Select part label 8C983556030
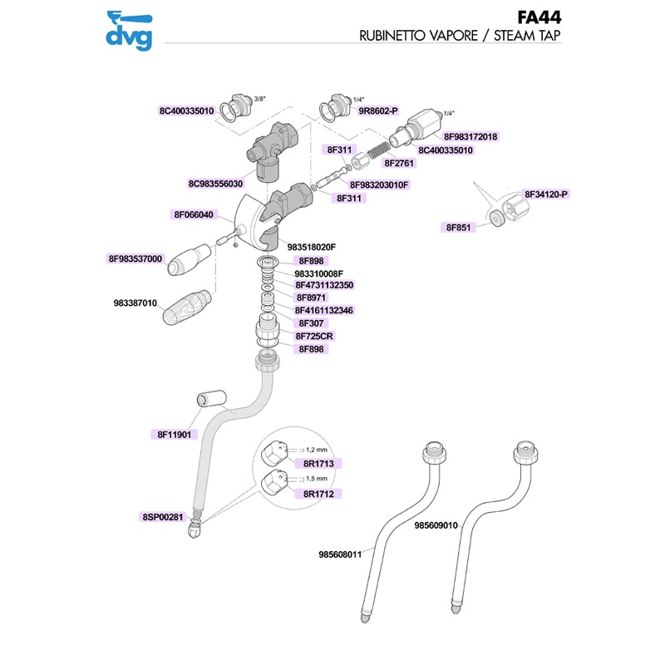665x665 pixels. coord(215,183)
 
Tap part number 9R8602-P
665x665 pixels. coord(378,110)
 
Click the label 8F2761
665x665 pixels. coord(400,165)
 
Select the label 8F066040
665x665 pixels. coord(193,214)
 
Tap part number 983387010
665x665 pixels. coord(135,303)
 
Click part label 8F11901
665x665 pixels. coord(174,434)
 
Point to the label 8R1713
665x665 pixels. coord(317,463)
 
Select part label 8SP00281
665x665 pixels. coord(162,516)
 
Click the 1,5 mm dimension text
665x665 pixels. coord(315,480)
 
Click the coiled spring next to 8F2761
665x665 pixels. coord(378,152)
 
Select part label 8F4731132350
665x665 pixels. coord(324,285)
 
